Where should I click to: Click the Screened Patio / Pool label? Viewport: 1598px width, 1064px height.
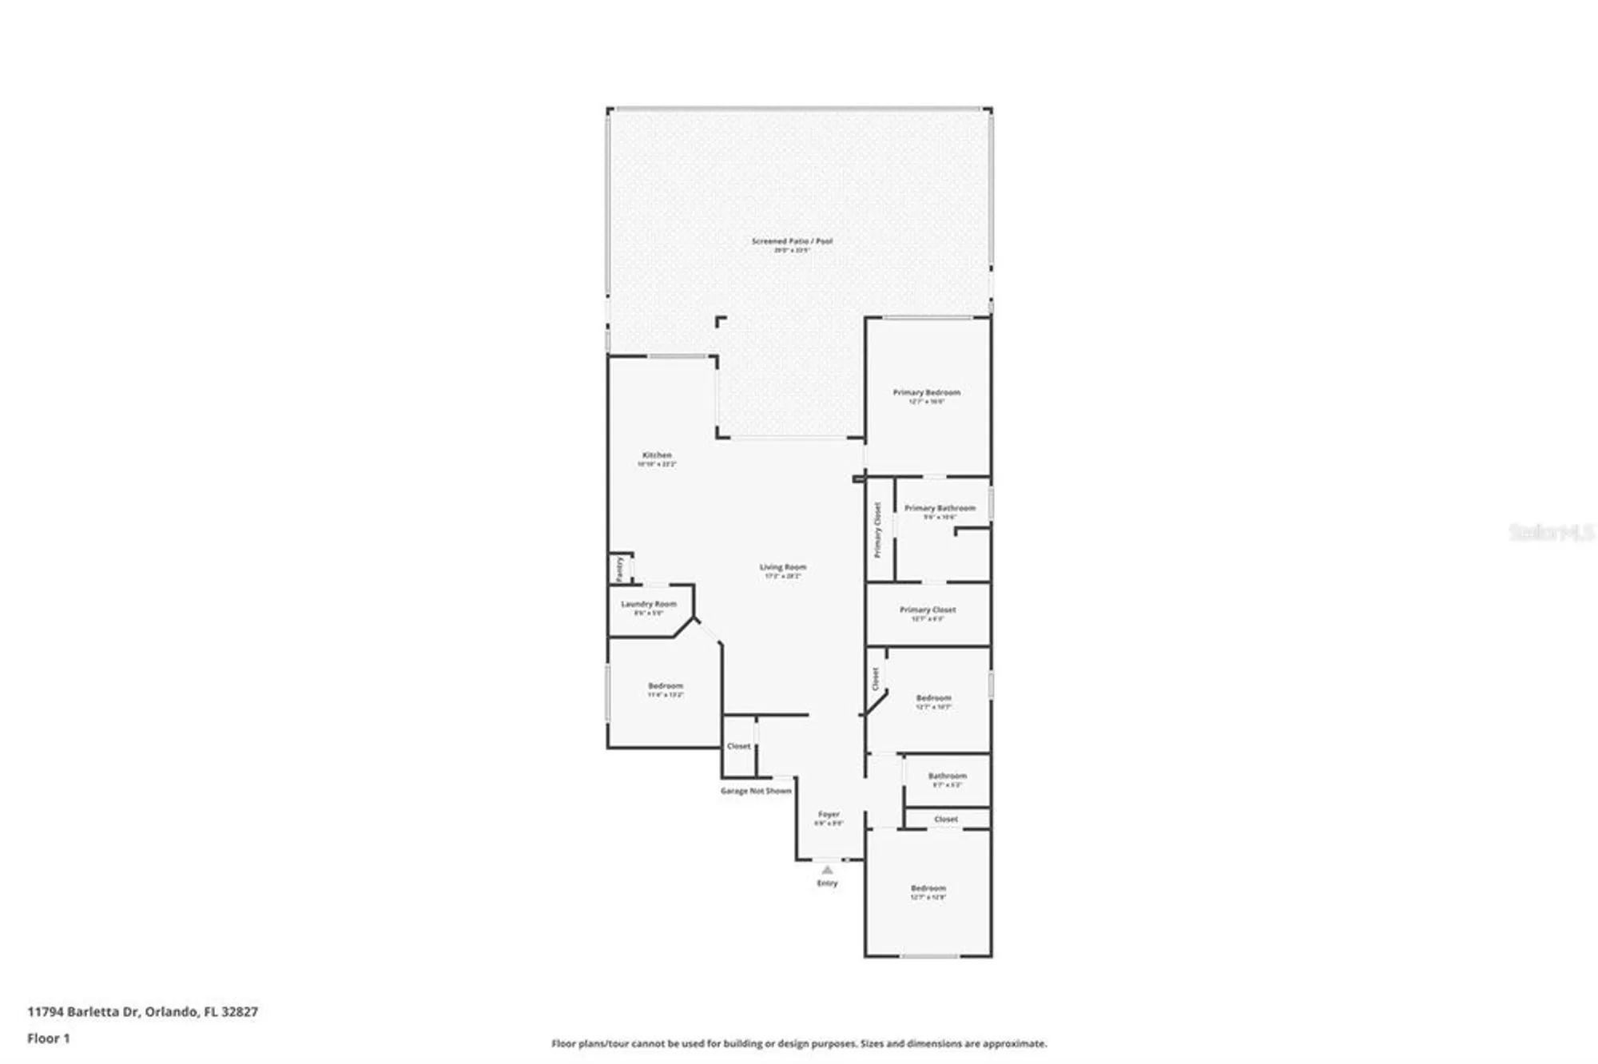coord(792,241)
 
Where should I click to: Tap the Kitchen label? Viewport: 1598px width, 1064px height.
coord(657,455)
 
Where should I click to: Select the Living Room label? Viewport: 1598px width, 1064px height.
coord(782,567)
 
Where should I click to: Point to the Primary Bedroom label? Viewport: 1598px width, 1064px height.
coord(926,393)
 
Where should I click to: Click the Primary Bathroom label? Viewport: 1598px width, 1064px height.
coord(940,508)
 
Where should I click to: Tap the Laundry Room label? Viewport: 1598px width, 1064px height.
coord(649,605)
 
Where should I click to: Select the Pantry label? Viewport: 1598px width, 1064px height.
coord(620,569)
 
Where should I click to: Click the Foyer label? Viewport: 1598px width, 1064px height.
coord(829,815)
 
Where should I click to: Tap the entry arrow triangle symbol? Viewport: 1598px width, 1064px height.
coord(827,870)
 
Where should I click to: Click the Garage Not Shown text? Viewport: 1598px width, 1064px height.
coord(756,791)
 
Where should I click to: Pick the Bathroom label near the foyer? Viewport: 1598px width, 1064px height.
coord(947,776)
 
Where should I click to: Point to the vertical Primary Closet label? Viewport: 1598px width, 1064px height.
coord(877,530)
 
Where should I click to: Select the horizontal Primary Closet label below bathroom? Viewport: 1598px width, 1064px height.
coord(928,610)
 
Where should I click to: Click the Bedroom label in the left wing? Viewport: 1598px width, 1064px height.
coord(666,686)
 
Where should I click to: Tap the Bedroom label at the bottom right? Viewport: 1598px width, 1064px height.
coord(928,888)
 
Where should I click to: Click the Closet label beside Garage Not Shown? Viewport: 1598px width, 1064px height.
coord(738,746)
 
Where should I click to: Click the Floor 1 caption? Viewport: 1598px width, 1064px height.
coord(49,1038)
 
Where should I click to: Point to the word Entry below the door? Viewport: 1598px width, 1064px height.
coord(827,883)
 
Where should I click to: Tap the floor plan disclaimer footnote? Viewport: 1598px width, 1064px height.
coord(799,1043)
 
